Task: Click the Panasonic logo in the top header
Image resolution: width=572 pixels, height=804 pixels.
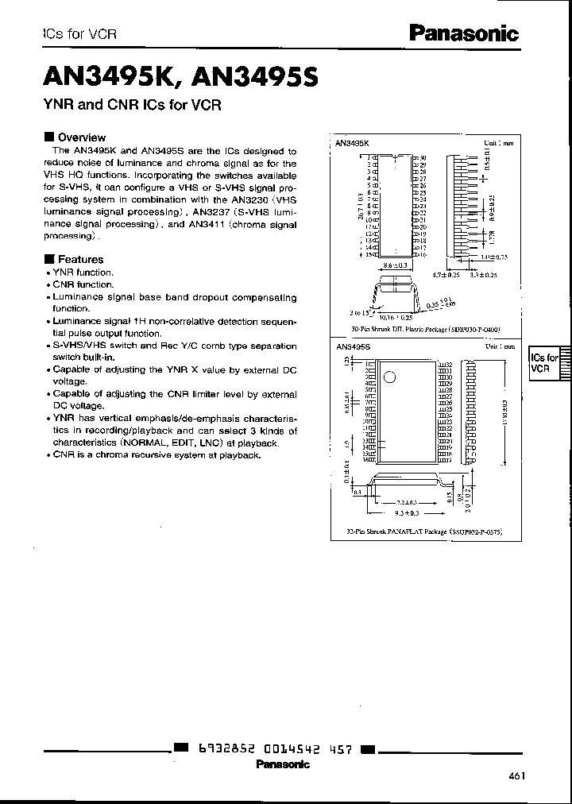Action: tap(463, 33)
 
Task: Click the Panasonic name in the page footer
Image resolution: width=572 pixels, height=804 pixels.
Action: tap(282, 764)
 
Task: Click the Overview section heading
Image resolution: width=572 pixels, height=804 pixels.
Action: tap(81, 137)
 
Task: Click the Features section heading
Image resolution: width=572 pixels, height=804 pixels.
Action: tap(80, 259)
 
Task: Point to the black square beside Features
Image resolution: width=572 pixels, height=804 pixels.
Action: tap(49, 259)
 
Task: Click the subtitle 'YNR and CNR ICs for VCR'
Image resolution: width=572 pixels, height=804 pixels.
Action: tap(131, 105)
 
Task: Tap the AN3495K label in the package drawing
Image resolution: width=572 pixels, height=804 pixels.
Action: tap(352, 144)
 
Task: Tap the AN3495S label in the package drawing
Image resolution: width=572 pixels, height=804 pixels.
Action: tap(352, 347)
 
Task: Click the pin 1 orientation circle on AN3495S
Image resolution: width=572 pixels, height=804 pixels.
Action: tap(389, 377)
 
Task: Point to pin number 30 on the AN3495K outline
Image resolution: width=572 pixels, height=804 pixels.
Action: tap(423, 157)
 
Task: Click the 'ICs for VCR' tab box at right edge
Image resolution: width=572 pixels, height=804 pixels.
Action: tap(545, 364)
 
